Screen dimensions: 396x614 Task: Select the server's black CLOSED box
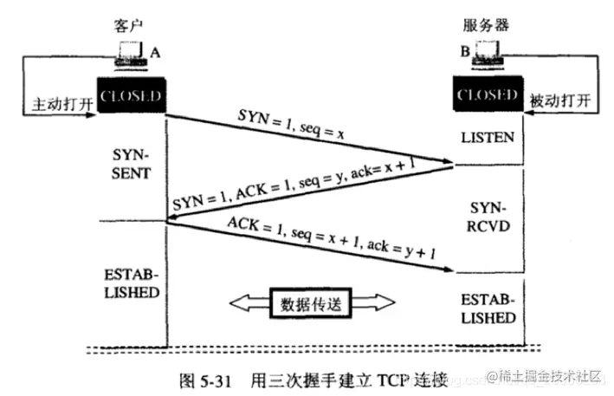click(x=488, y=93)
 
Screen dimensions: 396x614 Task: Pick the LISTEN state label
click(x=488, y=137)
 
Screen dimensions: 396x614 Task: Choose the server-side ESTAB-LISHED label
click(x=488, y=308)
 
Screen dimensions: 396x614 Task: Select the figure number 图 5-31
click(x=204, y=379)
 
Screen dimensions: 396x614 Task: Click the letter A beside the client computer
click(x=156, y=53)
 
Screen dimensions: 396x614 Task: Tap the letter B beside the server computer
click(x=463, y=53)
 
